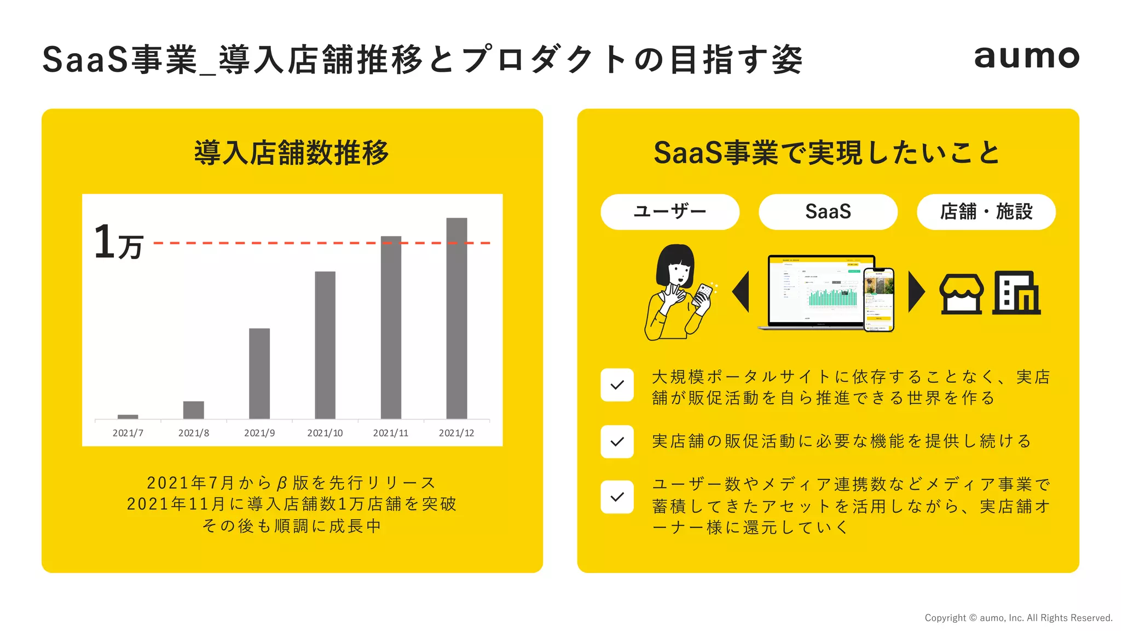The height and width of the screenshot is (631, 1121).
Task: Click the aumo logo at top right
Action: pyautogui.click(x=1026, y=57)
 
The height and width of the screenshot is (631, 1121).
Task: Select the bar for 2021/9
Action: pyautogui.click(x=259, y=374)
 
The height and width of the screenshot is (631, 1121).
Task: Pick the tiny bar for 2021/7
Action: pyautogui.click(x=128, y=417)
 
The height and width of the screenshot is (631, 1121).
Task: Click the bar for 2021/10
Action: pyautogui.click(x=325, y=345)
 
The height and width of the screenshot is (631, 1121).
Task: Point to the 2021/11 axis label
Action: pyautogui.click(x=390, y=433)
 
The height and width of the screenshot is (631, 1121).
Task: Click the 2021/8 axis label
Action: pyautogui.click(x=194, y=433)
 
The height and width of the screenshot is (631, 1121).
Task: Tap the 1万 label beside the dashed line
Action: pyautogui.click(x=118, y=243)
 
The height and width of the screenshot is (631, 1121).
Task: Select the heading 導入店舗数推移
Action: pyautogui.click(x=292, y=153)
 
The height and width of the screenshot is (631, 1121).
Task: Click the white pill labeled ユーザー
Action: pyautogui.click(x=669, y=212)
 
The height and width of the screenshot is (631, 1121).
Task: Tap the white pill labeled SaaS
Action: pyautogui.click(x=828, y=212)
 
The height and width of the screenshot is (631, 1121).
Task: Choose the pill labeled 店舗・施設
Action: pyautogui.click(x=986, y=212)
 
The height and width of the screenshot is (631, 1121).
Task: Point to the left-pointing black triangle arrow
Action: pyautogui.click(x=741, y=292)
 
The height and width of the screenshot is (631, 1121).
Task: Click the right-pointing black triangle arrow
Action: pyautogui.click(x=916, y=292)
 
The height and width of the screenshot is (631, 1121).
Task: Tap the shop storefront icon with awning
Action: pyautogui.click(x=961, y=294)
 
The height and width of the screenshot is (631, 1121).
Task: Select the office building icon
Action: pyautogui.click(x=1016, y=293)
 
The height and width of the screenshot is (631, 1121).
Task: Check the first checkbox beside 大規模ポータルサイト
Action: pyautogui.click(x=617, y=385)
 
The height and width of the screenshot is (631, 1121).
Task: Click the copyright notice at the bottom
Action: pyautogui.click(x=1018, y=618)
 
